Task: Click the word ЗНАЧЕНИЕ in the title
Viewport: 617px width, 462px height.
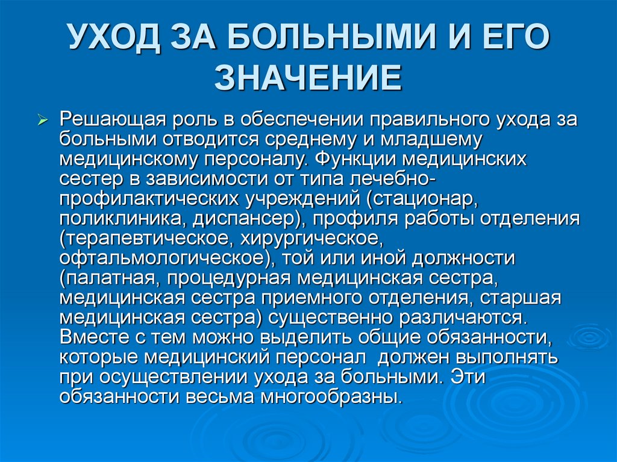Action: pyautogui.click(x=308, y=79)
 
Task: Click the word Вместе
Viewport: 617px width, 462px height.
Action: pyautogui.click(x=90, y=337)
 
